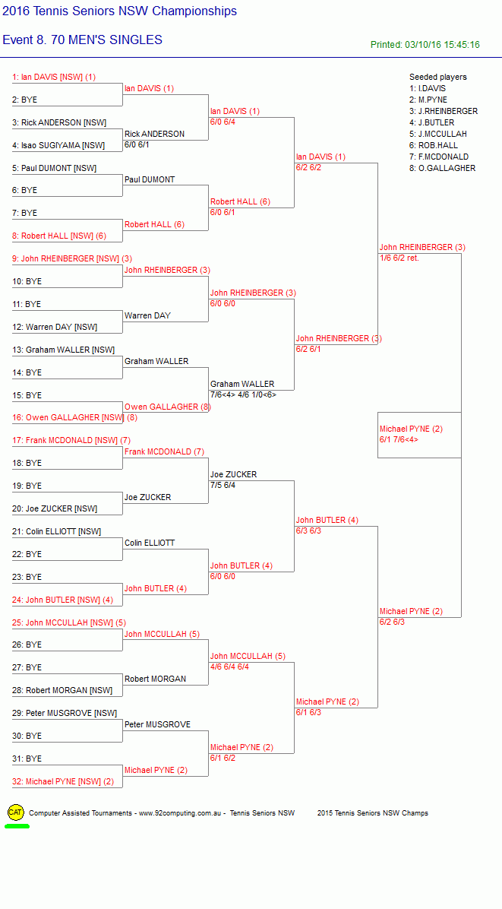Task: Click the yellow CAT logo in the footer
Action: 16,812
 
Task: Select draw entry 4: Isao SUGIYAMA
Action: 58,145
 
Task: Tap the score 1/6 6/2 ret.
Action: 399,258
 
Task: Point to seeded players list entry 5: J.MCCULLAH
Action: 438,134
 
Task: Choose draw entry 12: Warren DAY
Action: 55,327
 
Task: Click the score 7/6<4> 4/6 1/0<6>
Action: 244,394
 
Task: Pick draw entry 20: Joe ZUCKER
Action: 55,508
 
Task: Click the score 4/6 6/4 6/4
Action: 230,667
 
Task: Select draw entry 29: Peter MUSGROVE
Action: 65,713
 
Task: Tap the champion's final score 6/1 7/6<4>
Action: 399,439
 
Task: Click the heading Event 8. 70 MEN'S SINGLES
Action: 82,40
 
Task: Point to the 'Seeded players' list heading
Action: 437,77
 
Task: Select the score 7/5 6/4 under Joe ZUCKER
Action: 223,485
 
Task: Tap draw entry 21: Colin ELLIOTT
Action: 56,531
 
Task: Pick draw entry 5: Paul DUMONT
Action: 55,168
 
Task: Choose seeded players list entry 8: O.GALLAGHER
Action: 442,168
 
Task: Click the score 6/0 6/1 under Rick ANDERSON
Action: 137,144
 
